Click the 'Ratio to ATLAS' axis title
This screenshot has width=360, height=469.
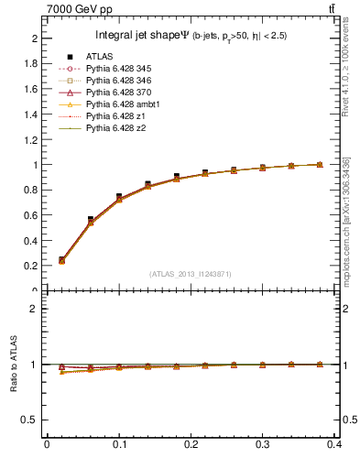coord(16,365)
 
